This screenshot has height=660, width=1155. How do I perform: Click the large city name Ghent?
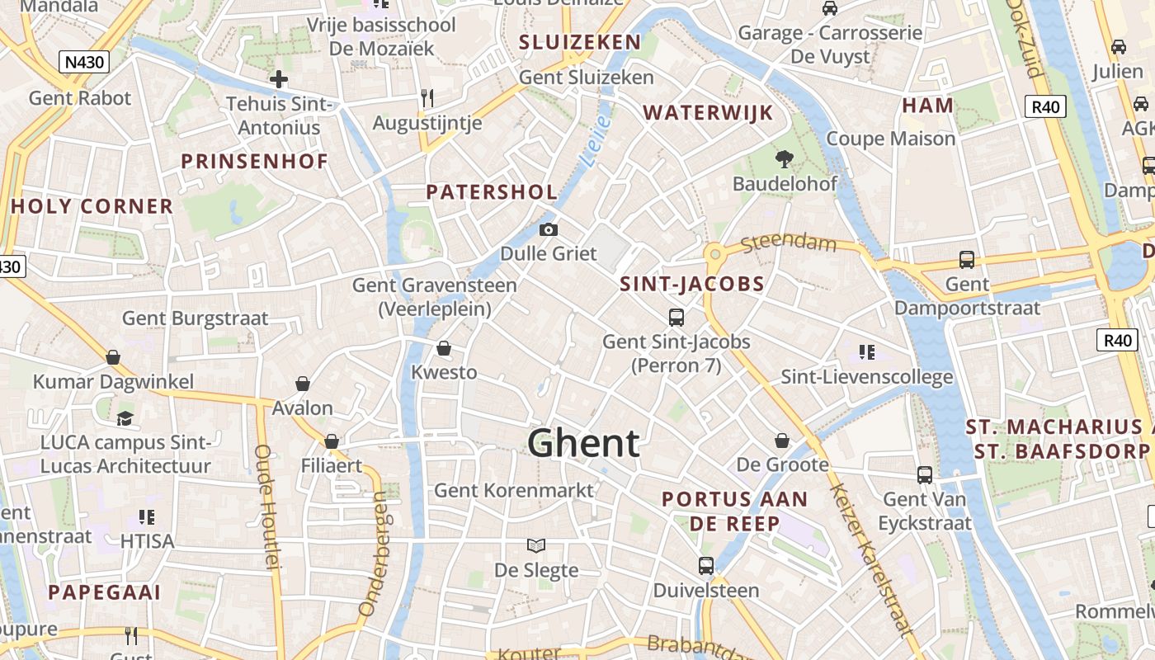tap(583, 443)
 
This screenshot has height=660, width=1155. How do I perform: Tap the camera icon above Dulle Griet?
tap(548, 229)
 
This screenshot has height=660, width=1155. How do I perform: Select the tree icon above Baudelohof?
tap(784, 158)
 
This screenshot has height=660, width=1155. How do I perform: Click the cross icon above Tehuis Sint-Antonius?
tap(279, 79)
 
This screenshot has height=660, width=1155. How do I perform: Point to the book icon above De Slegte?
tap(536, 545)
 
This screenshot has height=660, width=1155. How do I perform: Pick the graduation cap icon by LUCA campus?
tap(125, 418)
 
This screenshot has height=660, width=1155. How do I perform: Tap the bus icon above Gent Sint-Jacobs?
tap(676, 317)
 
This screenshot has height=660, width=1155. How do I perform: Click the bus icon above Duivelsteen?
tap(706, 566)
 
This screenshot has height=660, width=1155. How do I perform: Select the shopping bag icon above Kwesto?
tap(444, 348)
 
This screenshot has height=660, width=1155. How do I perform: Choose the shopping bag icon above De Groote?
tap(782, 441)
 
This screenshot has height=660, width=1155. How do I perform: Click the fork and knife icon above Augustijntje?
tap(427, 98)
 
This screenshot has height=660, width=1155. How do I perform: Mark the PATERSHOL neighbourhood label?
tap(492, 192)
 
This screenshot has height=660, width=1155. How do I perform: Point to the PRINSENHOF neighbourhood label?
tap(255, 161)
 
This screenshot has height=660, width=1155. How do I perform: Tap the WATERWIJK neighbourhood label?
tap(708, 113)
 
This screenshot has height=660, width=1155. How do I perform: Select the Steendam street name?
tap(789, 244)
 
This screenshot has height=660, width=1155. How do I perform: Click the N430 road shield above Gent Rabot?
tap(86, 61)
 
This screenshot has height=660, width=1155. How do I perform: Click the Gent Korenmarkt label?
tap(513, 490)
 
